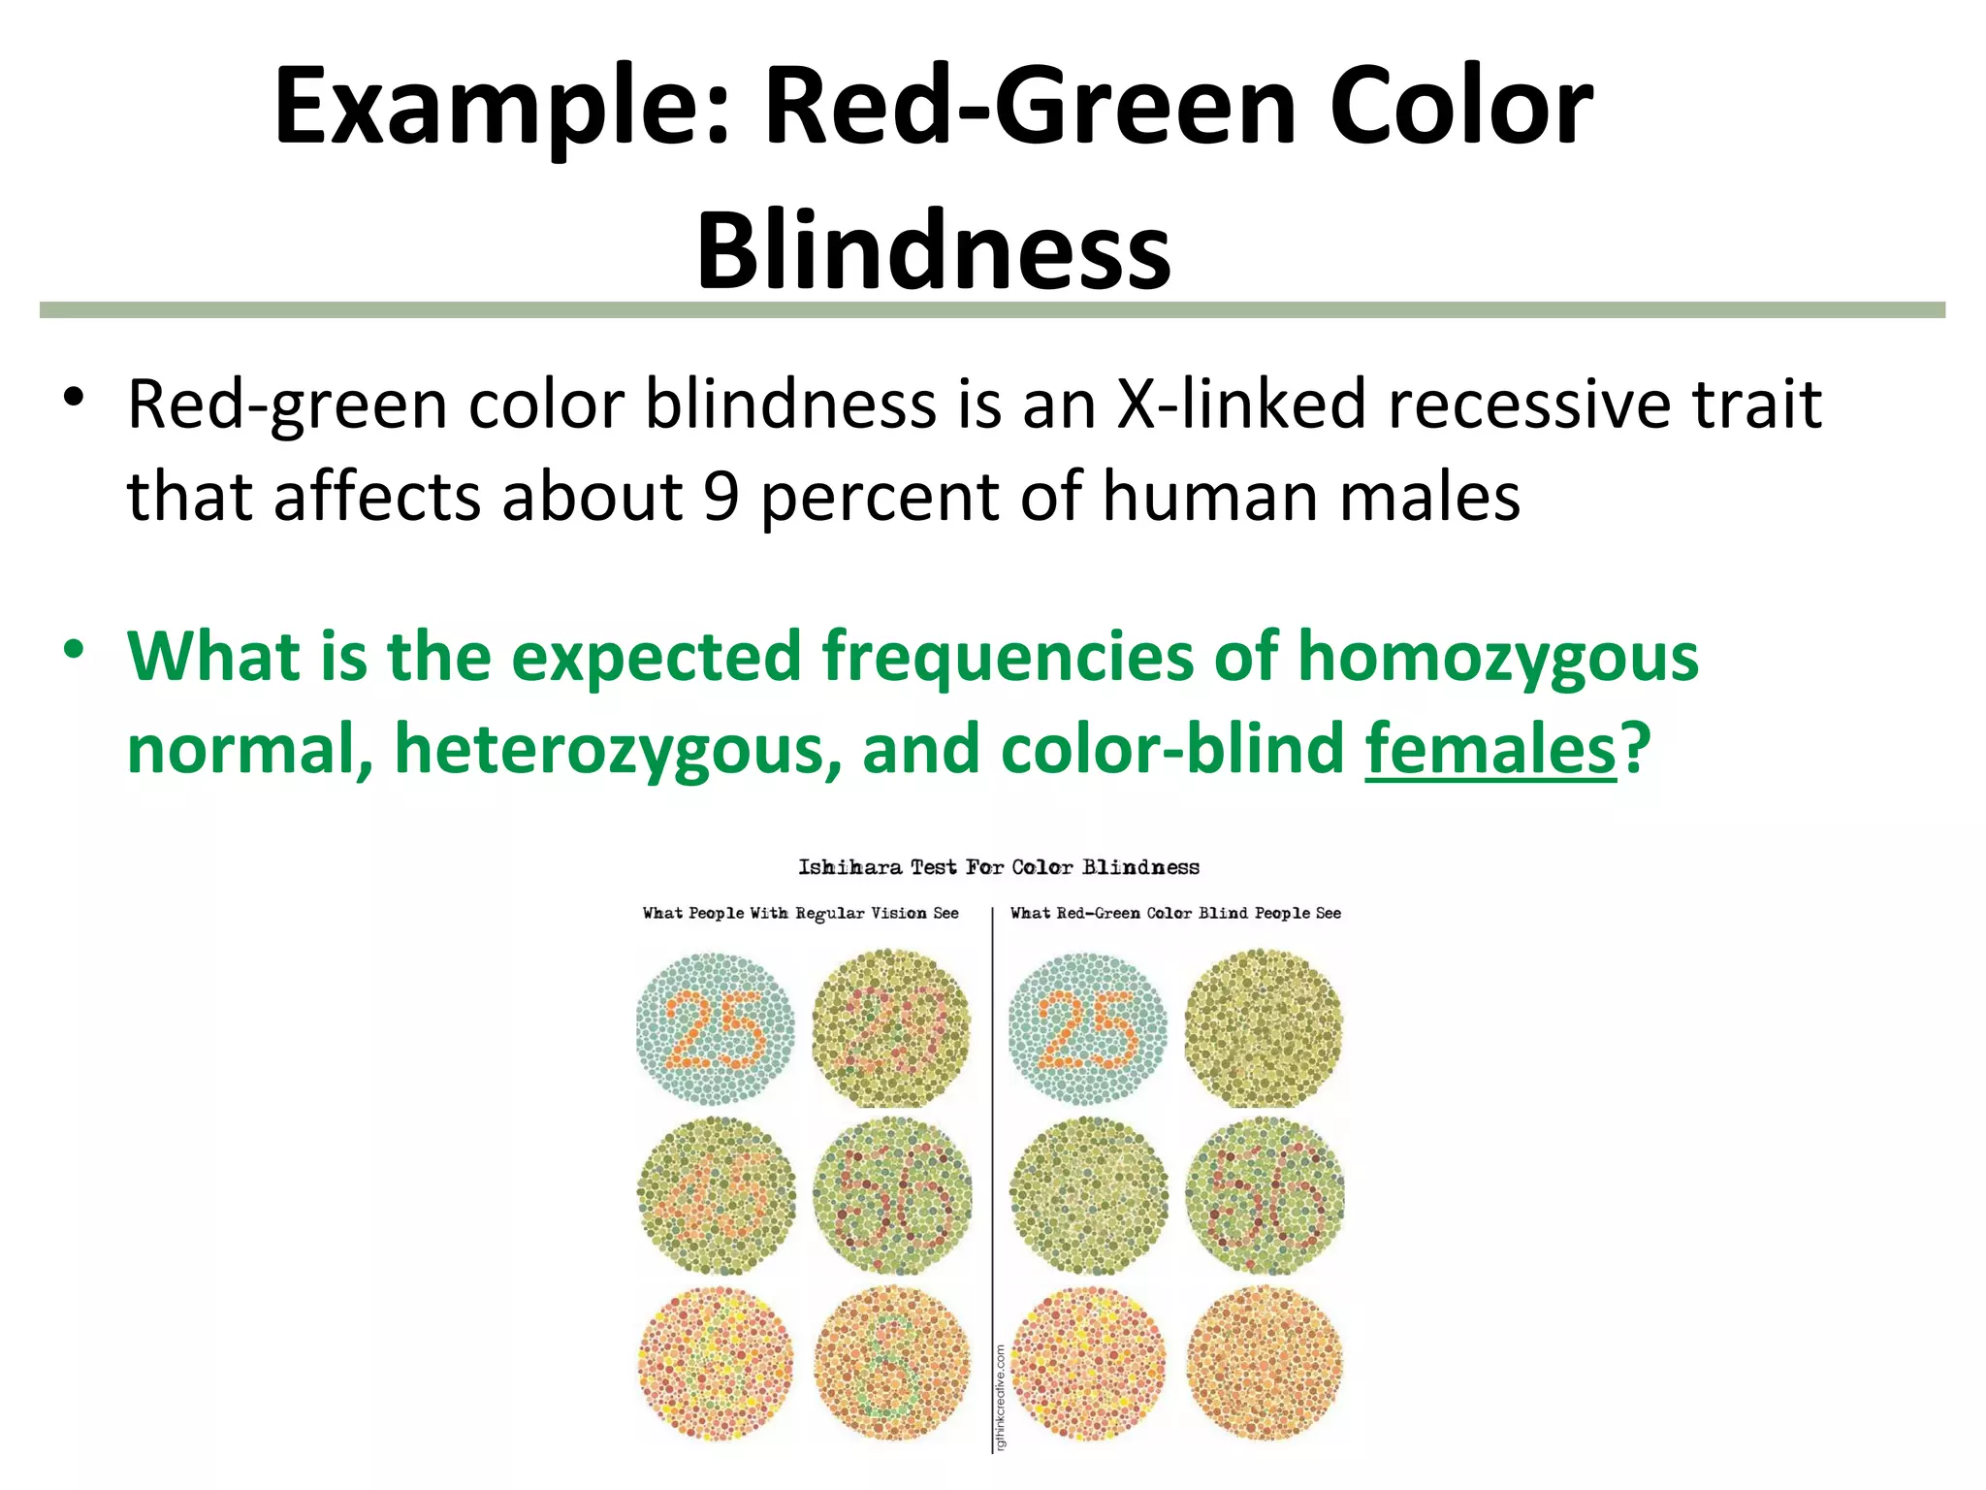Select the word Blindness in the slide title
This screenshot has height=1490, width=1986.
(x=933, y=251)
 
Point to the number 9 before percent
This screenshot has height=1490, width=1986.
(x=721, y=496)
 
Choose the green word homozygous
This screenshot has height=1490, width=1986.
(x=1497, y=658)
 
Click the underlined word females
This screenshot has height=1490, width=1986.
(x=1490, y=750)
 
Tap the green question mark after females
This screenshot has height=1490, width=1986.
(x=1636, y=750)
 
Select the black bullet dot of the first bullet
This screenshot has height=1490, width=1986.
(x=75, y=398)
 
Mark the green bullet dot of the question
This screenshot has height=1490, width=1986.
(x=75, y=650)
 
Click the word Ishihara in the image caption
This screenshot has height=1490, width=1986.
(x=849, y=867)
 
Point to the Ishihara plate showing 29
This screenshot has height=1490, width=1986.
(x=891, y=1029)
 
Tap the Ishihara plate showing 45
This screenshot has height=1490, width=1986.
(x=716, y=1195)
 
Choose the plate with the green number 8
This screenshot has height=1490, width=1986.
(x=891, y=1363)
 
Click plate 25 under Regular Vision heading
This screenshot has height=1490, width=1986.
(x=716, y=1029)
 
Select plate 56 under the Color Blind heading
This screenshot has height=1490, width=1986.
(x=1265, y=1195)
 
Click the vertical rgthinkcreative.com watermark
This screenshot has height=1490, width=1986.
(x=1001, y=1397)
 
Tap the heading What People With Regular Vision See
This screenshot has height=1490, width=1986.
(x=800, y=914)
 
